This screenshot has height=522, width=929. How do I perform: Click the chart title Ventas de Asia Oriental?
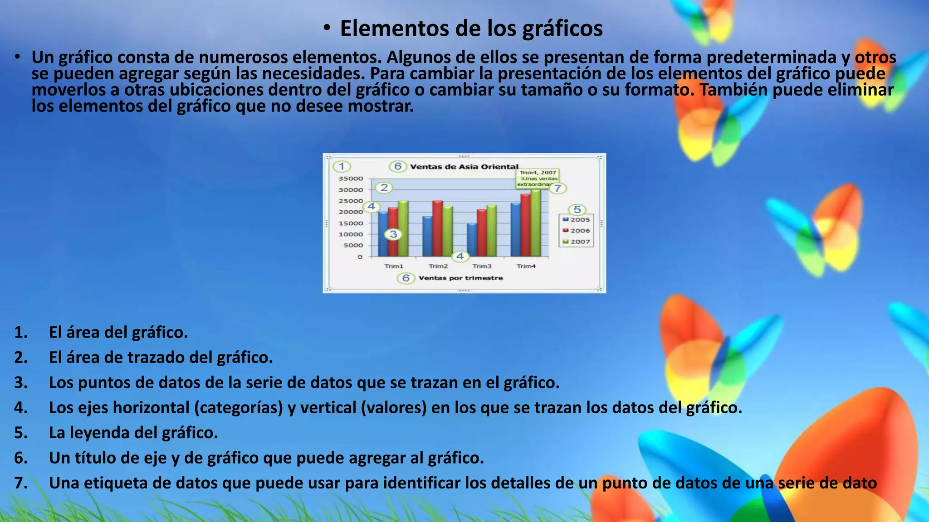tap(464, 167)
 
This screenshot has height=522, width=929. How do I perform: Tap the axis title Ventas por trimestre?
tap(460, 278)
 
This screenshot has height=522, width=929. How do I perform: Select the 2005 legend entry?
tap(577, 220)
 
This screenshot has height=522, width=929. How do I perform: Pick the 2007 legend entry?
tap(577, 242)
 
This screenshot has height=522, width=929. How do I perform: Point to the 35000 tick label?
tap(351, 179)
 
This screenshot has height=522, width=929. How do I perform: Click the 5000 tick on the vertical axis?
tap(353, 245)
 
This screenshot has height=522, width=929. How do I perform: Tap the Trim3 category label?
tap(482, 266)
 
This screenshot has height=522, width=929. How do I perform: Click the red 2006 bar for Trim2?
tap(437, 229)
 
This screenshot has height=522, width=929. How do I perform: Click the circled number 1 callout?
tap(342, 166)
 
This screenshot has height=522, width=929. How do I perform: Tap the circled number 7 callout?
tap(558, 188)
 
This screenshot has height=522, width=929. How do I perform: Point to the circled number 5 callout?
tap(577, 209)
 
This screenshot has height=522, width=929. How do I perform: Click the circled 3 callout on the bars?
tap(393, 234)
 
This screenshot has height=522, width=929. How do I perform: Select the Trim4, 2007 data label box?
tap(538, 178)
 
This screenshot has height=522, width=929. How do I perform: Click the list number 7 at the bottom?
tap(20, 483)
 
